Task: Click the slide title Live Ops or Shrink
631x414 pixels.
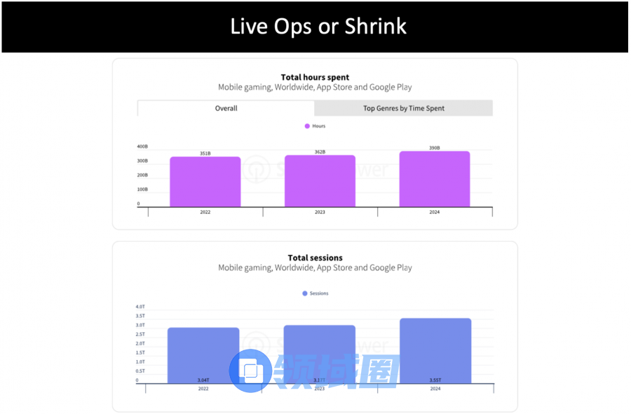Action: point(318,27)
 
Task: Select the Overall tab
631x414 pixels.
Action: point(226,108)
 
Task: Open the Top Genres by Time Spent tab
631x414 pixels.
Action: point(403,108)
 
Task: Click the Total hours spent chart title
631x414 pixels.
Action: point(315,77)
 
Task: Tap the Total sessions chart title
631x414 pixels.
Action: point(315,258)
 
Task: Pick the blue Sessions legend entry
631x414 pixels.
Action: point(315,293)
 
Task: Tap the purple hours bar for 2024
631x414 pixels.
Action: point(435,179)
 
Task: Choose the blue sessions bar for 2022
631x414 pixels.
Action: point(203,353)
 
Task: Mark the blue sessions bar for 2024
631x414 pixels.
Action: point(435,350)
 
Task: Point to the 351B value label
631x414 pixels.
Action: point(205,153)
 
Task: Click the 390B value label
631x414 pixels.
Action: point(435,148)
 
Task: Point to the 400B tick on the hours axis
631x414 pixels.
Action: point(142,146)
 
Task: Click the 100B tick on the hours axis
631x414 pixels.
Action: point(142,189)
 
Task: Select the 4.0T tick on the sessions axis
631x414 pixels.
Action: point(140,307)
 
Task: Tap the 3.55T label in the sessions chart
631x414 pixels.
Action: point(435,380)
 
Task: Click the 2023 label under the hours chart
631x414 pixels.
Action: point(320,212)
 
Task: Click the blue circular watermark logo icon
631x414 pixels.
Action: point(250,371)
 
